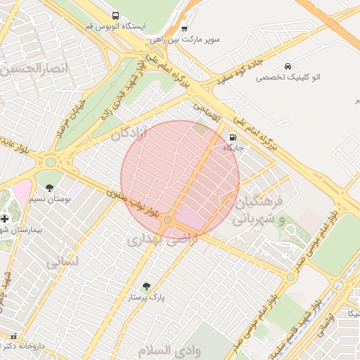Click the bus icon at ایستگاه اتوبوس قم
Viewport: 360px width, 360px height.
point(115,15)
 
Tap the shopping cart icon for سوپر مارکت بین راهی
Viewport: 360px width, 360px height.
point(184,29)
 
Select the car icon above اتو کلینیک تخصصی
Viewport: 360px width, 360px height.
point(288,66)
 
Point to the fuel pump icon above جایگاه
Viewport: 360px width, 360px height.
point(233,137)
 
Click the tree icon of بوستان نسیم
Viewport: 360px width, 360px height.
point(50,188)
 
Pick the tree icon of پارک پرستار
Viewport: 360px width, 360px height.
point(146,286)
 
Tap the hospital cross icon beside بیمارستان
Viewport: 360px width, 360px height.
point(5,219)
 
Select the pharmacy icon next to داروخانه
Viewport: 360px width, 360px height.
point(13,336)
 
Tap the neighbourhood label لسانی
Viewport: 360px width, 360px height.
point(63,262)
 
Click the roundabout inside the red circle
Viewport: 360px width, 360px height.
point(167,221)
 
